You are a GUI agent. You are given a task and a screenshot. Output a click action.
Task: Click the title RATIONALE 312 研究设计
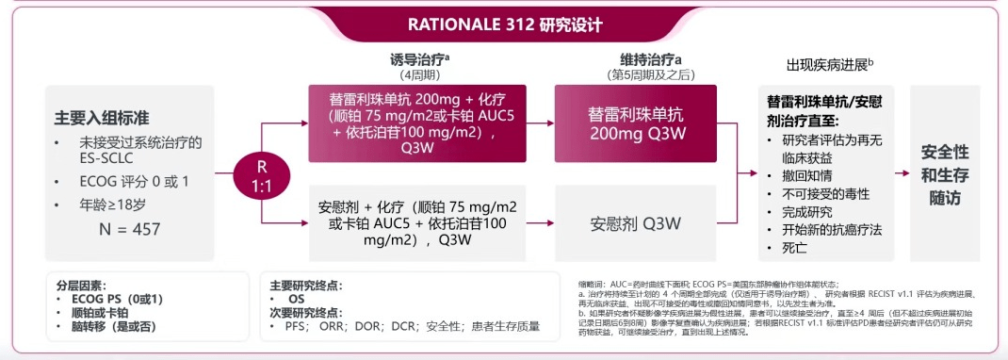coord(505,25)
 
